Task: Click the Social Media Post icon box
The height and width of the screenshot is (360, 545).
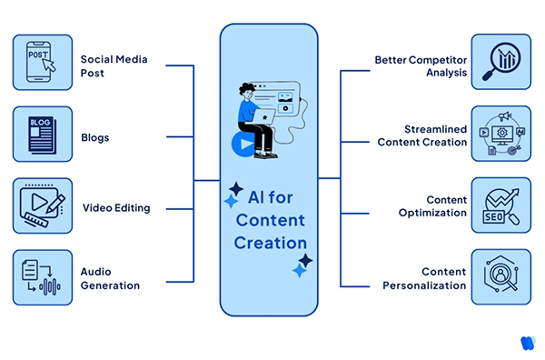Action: pos(43,65)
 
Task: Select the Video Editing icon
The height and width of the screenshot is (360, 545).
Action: pos(43,207)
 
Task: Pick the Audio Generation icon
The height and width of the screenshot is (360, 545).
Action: pos(43,277)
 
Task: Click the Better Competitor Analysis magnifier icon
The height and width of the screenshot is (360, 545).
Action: pos(500,65)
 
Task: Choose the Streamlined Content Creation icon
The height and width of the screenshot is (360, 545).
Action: pos(500,135)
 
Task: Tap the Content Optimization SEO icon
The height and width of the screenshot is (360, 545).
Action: pos(500,207)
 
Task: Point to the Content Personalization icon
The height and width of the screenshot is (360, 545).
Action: pos(500,277)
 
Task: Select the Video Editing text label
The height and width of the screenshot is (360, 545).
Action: pos(116,207)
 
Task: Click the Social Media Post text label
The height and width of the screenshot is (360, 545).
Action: pos(114,65)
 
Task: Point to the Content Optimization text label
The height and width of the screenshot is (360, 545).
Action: pos(433,206)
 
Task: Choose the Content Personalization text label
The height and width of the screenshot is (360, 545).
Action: pos(431,278)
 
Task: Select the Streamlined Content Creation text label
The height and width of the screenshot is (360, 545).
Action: pos(422,135)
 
